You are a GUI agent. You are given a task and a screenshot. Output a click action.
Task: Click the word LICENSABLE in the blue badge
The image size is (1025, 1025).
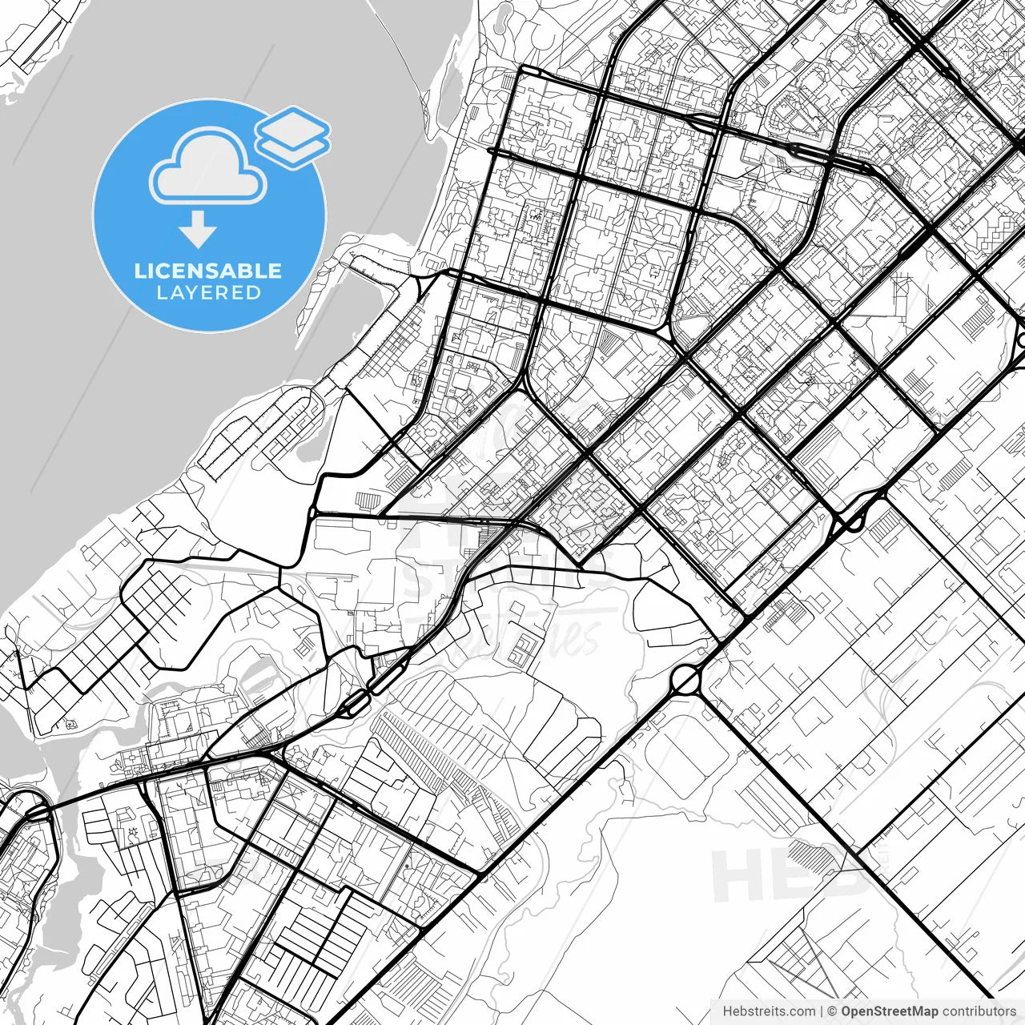(x=208, y=271)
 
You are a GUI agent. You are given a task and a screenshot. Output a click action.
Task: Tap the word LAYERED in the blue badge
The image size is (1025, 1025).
(x=208, y=292)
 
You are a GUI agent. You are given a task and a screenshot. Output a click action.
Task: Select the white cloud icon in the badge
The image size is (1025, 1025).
(x=208, y=166)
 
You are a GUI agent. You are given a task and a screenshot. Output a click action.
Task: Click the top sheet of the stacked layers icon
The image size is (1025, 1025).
(x=293, y=126)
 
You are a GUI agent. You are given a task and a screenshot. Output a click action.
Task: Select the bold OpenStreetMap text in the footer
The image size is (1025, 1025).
(x=889, y=1011)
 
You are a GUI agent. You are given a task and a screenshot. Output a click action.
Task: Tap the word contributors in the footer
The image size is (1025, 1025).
(x=978, y=1011)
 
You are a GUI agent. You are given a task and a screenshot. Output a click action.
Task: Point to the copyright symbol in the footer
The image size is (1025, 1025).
(x=832, y=1011)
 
